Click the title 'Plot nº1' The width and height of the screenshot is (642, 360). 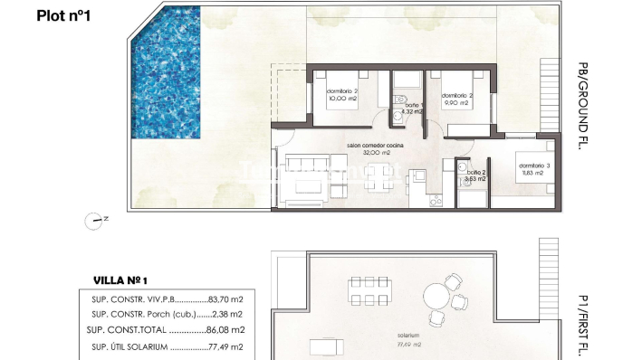point(66,15)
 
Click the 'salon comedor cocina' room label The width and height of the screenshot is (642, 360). point(375,146)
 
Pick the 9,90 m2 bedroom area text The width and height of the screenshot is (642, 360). point(455,103)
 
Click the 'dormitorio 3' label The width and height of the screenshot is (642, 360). point(533,166)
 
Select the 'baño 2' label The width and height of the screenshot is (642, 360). point(476,172)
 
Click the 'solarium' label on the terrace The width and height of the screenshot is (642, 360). point(408,335)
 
